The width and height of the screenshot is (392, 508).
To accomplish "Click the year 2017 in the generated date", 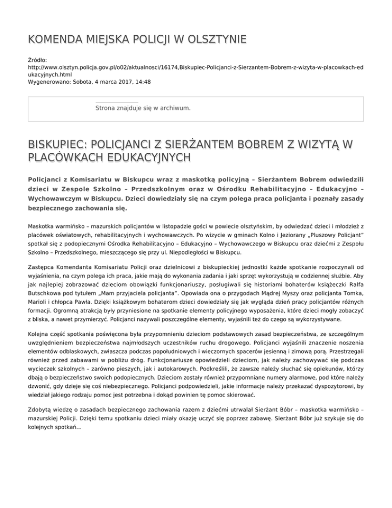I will [120, 81].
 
